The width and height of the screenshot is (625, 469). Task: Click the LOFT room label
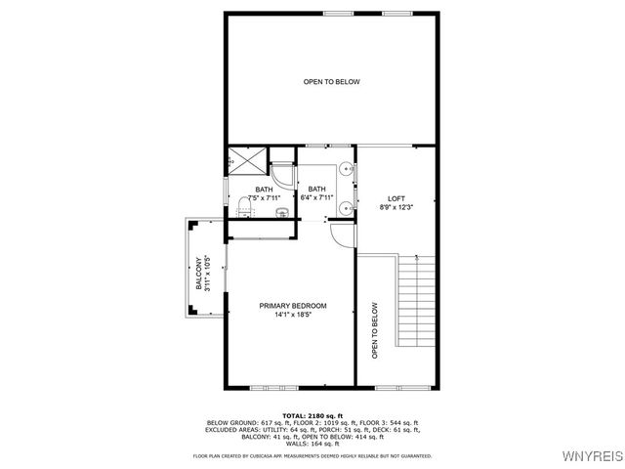(x=396, y=197)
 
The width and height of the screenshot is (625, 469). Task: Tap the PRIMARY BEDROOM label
(x=293, y=306)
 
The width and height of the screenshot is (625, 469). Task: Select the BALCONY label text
(x=199, y=274)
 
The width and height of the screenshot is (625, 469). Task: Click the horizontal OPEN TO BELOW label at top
(x=331, y=82)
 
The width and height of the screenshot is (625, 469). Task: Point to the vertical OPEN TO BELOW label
(x=374, y=330)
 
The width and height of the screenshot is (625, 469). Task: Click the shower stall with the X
(x=245, y=162)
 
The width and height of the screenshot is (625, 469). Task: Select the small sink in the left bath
(x=281, y=211)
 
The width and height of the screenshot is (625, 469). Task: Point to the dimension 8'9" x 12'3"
(x=396, y=207)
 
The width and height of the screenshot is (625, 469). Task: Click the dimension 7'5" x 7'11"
(x=264, y=198)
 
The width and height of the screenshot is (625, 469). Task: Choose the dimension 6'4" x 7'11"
(x=317, y=198)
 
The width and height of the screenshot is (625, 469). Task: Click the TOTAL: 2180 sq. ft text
(x=312, y=415)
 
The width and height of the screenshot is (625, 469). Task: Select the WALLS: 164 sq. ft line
(x=312, y=443)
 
